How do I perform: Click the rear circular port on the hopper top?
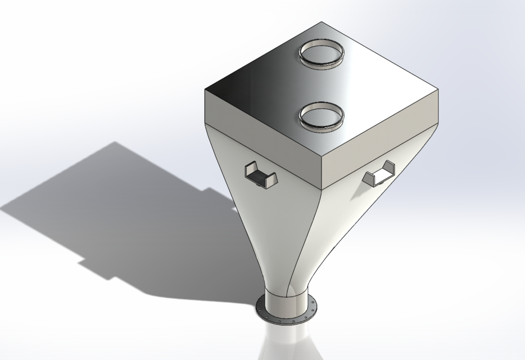pyautogui.click(x=321, y=53)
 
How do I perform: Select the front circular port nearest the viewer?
pyautogui.click(x=321, y=116)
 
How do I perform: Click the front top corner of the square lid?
pyautogui.click(x=322, y=158)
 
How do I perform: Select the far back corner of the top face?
pyautogui.click(x=322, y=22)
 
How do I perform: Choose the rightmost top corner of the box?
pyautogui.click(x=438, y=89)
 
